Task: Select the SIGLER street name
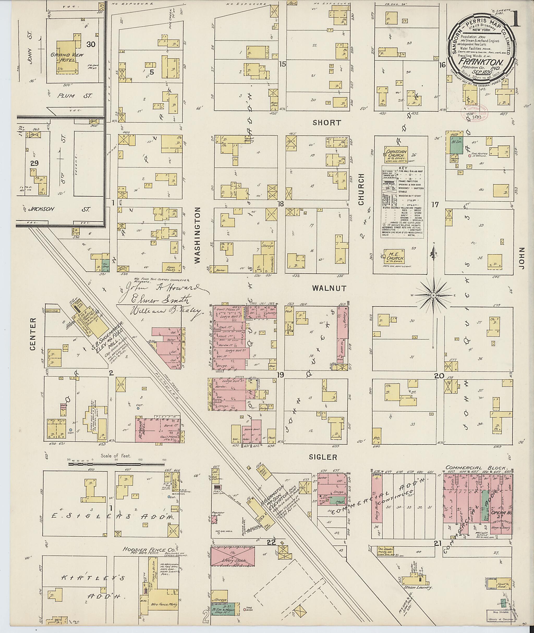323,457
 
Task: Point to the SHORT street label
327,123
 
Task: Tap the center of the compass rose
433,295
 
